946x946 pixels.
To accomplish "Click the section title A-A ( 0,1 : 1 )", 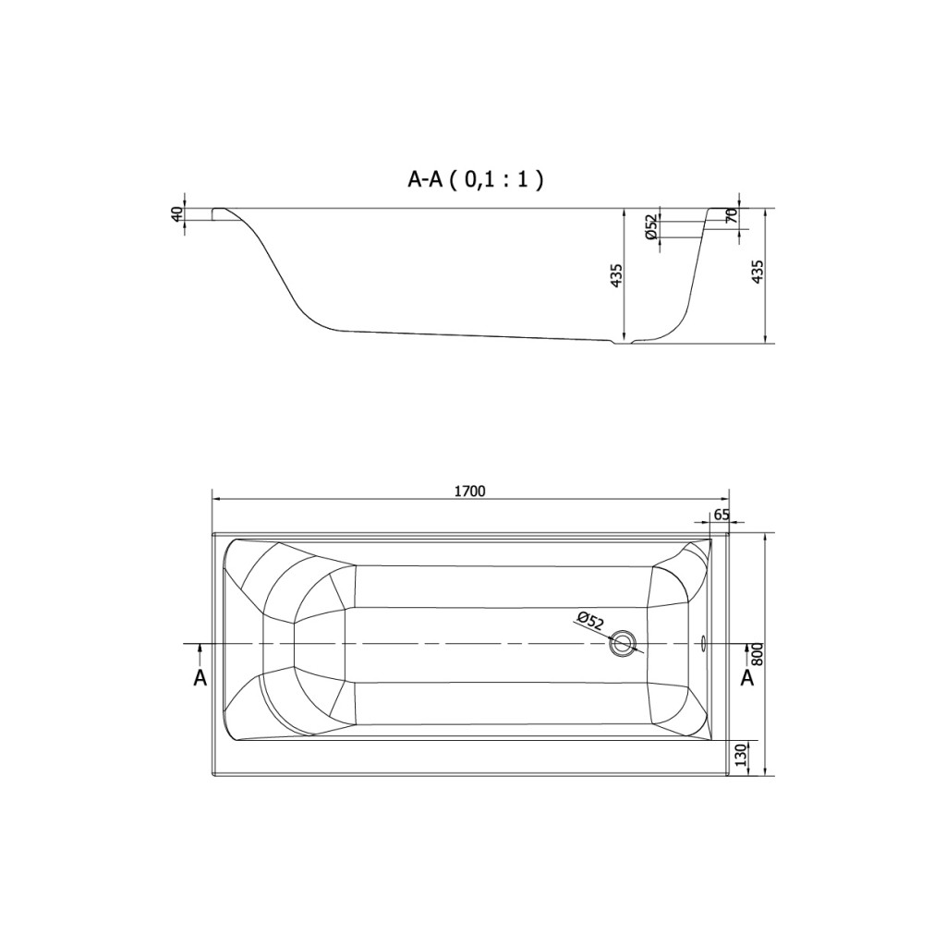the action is coord(476,179).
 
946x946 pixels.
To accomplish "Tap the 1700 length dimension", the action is coord(470,491).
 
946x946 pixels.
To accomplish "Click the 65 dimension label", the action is coord(722,515).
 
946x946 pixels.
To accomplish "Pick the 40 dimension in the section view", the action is coord(176,214).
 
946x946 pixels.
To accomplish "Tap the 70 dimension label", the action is coord(732,216).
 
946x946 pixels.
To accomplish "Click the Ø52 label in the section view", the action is coord(651,227).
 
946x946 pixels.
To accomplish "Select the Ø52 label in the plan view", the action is coord(589,621).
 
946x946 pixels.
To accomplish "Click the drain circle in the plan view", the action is coord(622,643).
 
